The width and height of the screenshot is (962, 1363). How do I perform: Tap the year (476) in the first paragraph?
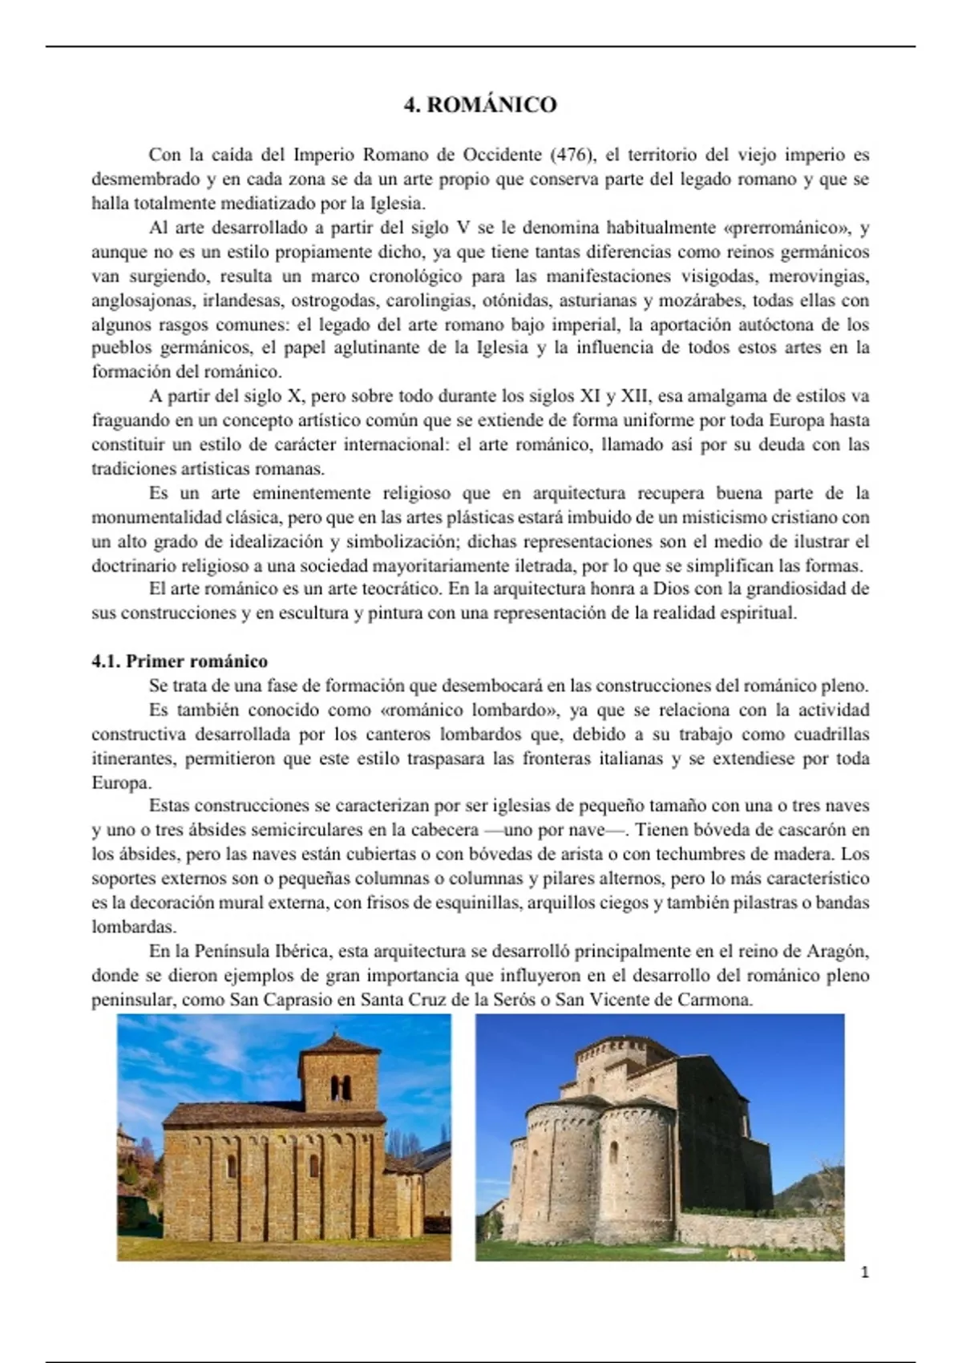pos(571,155)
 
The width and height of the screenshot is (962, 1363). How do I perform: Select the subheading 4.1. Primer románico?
pos(180,661)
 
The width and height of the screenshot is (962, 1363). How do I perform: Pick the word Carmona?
pos(721,1000)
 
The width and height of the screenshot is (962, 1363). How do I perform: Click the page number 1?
pos(864,1272)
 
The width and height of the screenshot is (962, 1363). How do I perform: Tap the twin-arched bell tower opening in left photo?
pos(341,1087)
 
